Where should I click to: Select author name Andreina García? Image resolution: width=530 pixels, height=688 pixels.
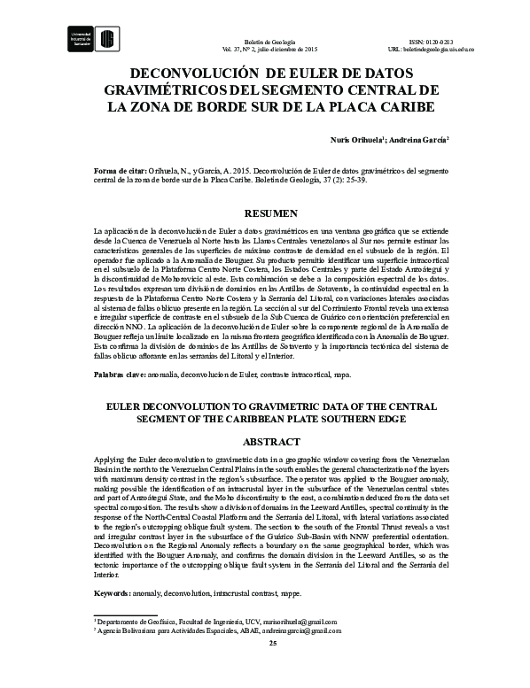(x=417, y=139)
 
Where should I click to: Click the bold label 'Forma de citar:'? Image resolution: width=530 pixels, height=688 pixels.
(x=121, y=167)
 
